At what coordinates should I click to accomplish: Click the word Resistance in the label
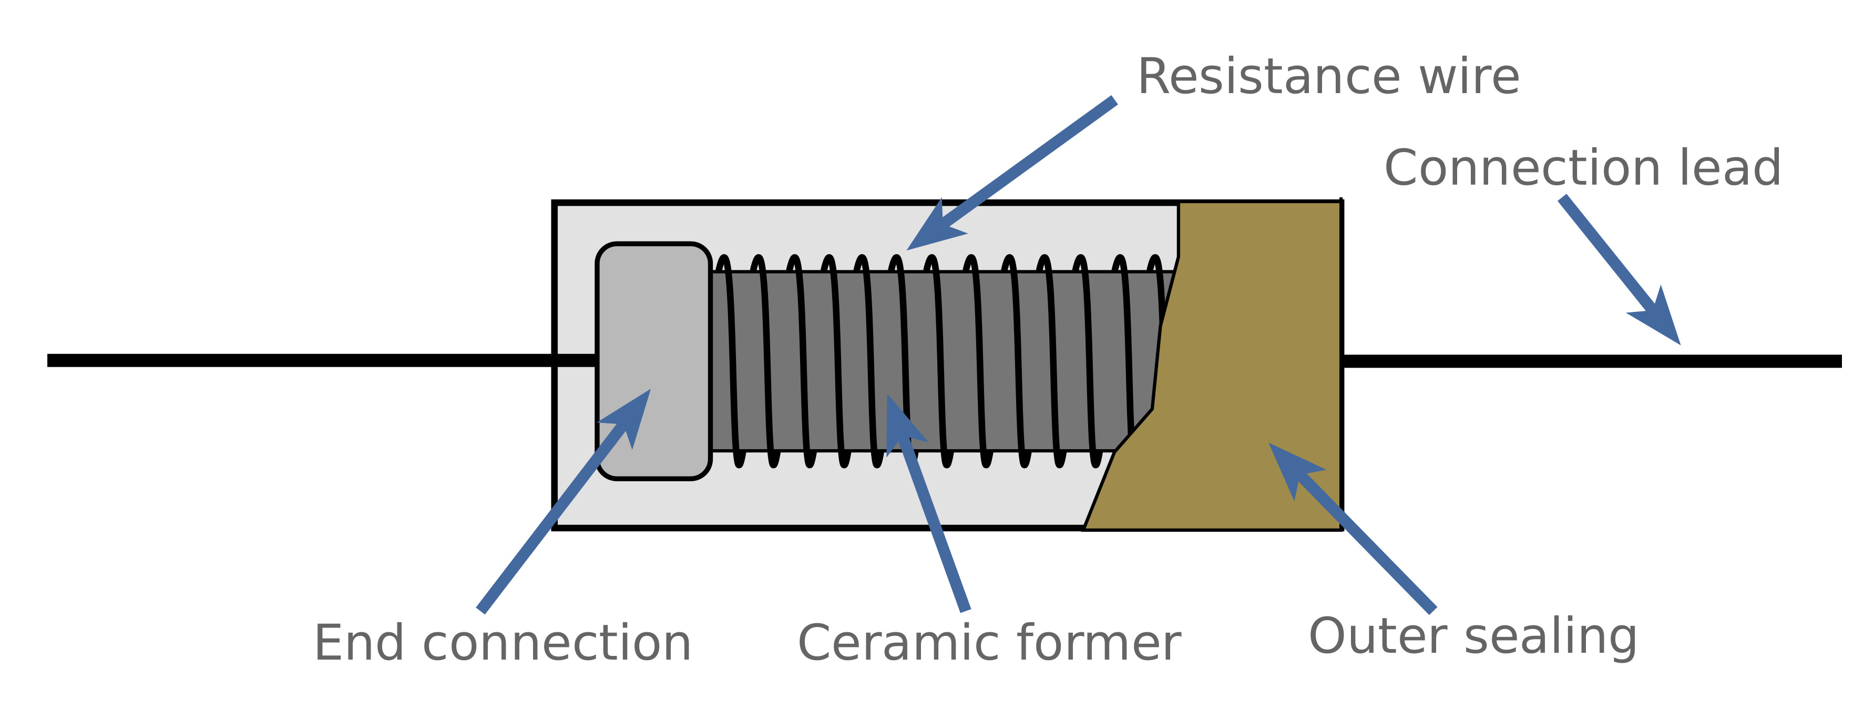click(1267, 77)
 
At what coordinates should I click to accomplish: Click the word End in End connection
click(359, 643)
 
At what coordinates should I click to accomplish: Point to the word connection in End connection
click(557, 643)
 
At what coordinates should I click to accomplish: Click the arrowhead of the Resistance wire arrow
click(931, 231)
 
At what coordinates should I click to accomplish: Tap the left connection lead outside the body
click(291, 360)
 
